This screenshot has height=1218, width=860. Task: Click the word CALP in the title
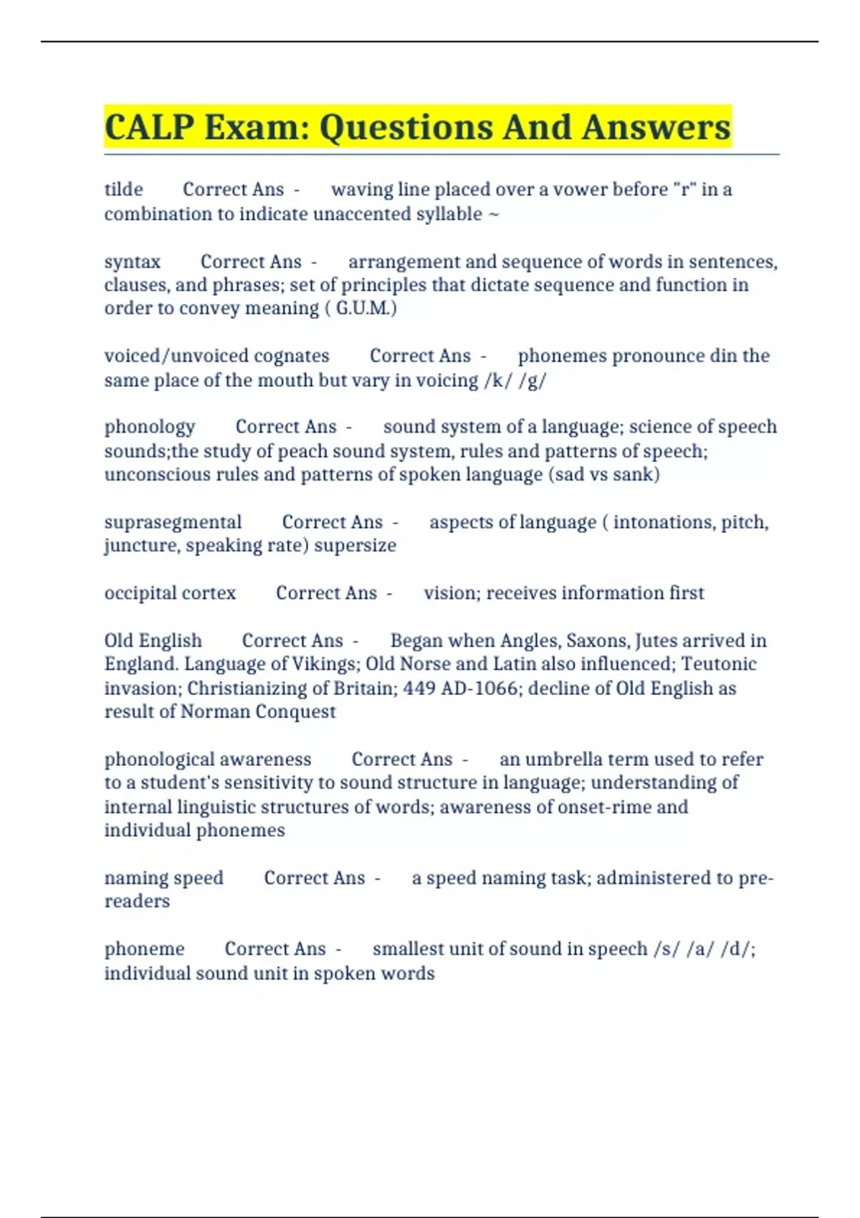[x=149, y=128]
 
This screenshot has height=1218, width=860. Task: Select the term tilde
[x=123, y=189]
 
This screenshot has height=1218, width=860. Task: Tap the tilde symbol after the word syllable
[x=493, y=214]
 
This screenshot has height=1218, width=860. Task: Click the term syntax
[x=132, y=262]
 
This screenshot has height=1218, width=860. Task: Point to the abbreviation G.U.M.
[x=365, y=308]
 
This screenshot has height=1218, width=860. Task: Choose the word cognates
[x=291, y=355]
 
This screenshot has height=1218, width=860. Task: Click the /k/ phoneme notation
[x=498, y=380]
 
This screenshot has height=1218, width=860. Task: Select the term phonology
[x=149, y=427]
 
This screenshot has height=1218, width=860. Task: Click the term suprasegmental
[x=173, y=522]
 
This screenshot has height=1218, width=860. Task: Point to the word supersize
[x=355, y=545]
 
